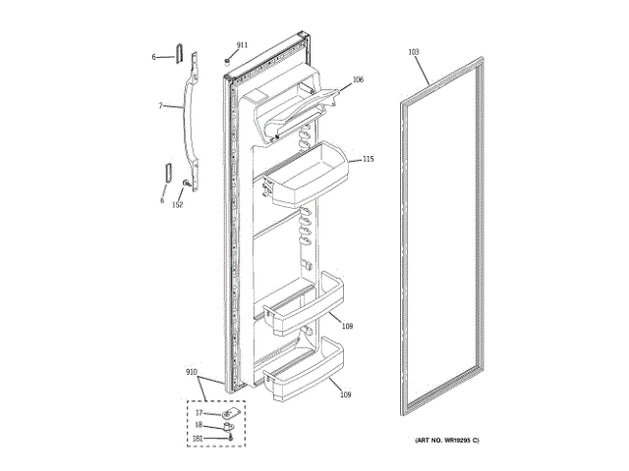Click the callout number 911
click(x=242, y=46)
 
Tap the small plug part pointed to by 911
click(x=228, y=59)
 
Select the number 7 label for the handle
click(x=160, y=105)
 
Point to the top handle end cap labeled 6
click(x=180, y=52)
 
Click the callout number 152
click(x=178, y=205)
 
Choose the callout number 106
click(x=358, y=79)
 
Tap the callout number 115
click(x=369, y=159)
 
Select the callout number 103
click(x=413, y=51)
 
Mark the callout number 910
click(x=192, y=374)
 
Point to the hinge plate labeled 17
click(x=230, y=415)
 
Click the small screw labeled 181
click(x=229, y=439)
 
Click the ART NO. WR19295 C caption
click(x=446, y=441)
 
